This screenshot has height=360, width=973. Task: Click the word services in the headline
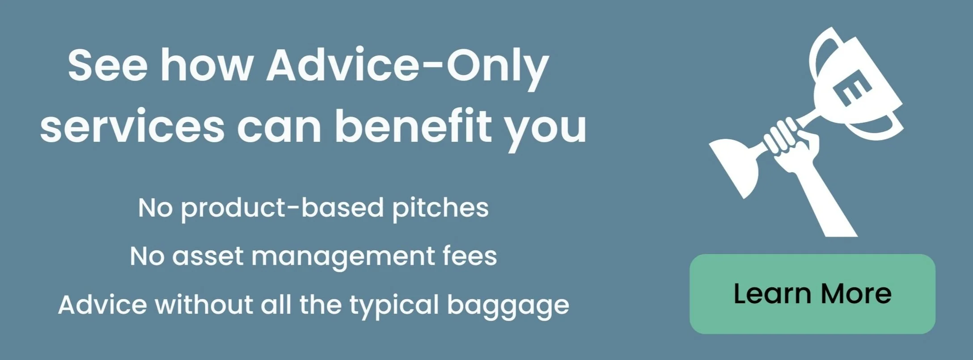[132, 127]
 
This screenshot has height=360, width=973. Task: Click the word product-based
[282, 208]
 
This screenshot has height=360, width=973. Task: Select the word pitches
[440, 208]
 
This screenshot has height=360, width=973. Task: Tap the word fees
[470, 256]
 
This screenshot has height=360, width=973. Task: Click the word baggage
[508, 306]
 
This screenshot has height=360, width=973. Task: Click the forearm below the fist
[825, 201]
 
